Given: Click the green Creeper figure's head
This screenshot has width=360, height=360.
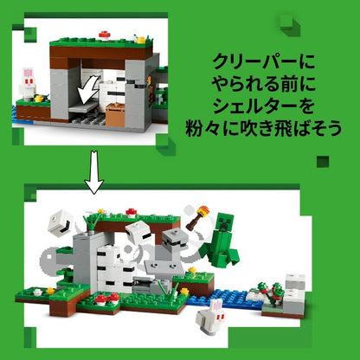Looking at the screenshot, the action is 224,222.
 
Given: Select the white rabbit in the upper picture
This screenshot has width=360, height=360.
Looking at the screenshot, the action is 29,83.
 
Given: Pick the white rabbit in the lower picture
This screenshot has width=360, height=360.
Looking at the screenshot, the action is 210,317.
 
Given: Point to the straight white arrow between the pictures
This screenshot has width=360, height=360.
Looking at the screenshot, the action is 94,172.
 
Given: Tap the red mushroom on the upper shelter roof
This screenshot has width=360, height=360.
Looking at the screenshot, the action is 105,35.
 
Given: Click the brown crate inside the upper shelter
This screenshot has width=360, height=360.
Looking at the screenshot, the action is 115,115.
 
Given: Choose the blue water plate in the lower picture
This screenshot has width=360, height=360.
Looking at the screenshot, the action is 226,299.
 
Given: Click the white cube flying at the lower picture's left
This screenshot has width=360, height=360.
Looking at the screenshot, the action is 59,223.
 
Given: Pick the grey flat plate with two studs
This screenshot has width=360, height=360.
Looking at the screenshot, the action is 164,267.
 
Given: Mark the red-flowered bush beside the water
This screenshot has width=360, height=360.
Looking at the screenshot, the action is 270,292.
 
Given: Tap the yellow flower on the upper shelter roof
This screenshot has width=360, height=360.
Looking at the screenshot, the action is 140,39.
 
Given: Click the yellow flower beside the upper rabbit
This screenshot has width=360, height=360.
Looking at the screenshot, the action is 39,99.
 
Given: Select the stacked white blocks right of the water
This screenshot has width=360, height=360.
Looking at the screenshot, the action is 294,293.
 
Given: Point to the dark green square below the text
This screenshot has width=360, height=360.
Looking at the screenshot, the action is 323,162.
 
